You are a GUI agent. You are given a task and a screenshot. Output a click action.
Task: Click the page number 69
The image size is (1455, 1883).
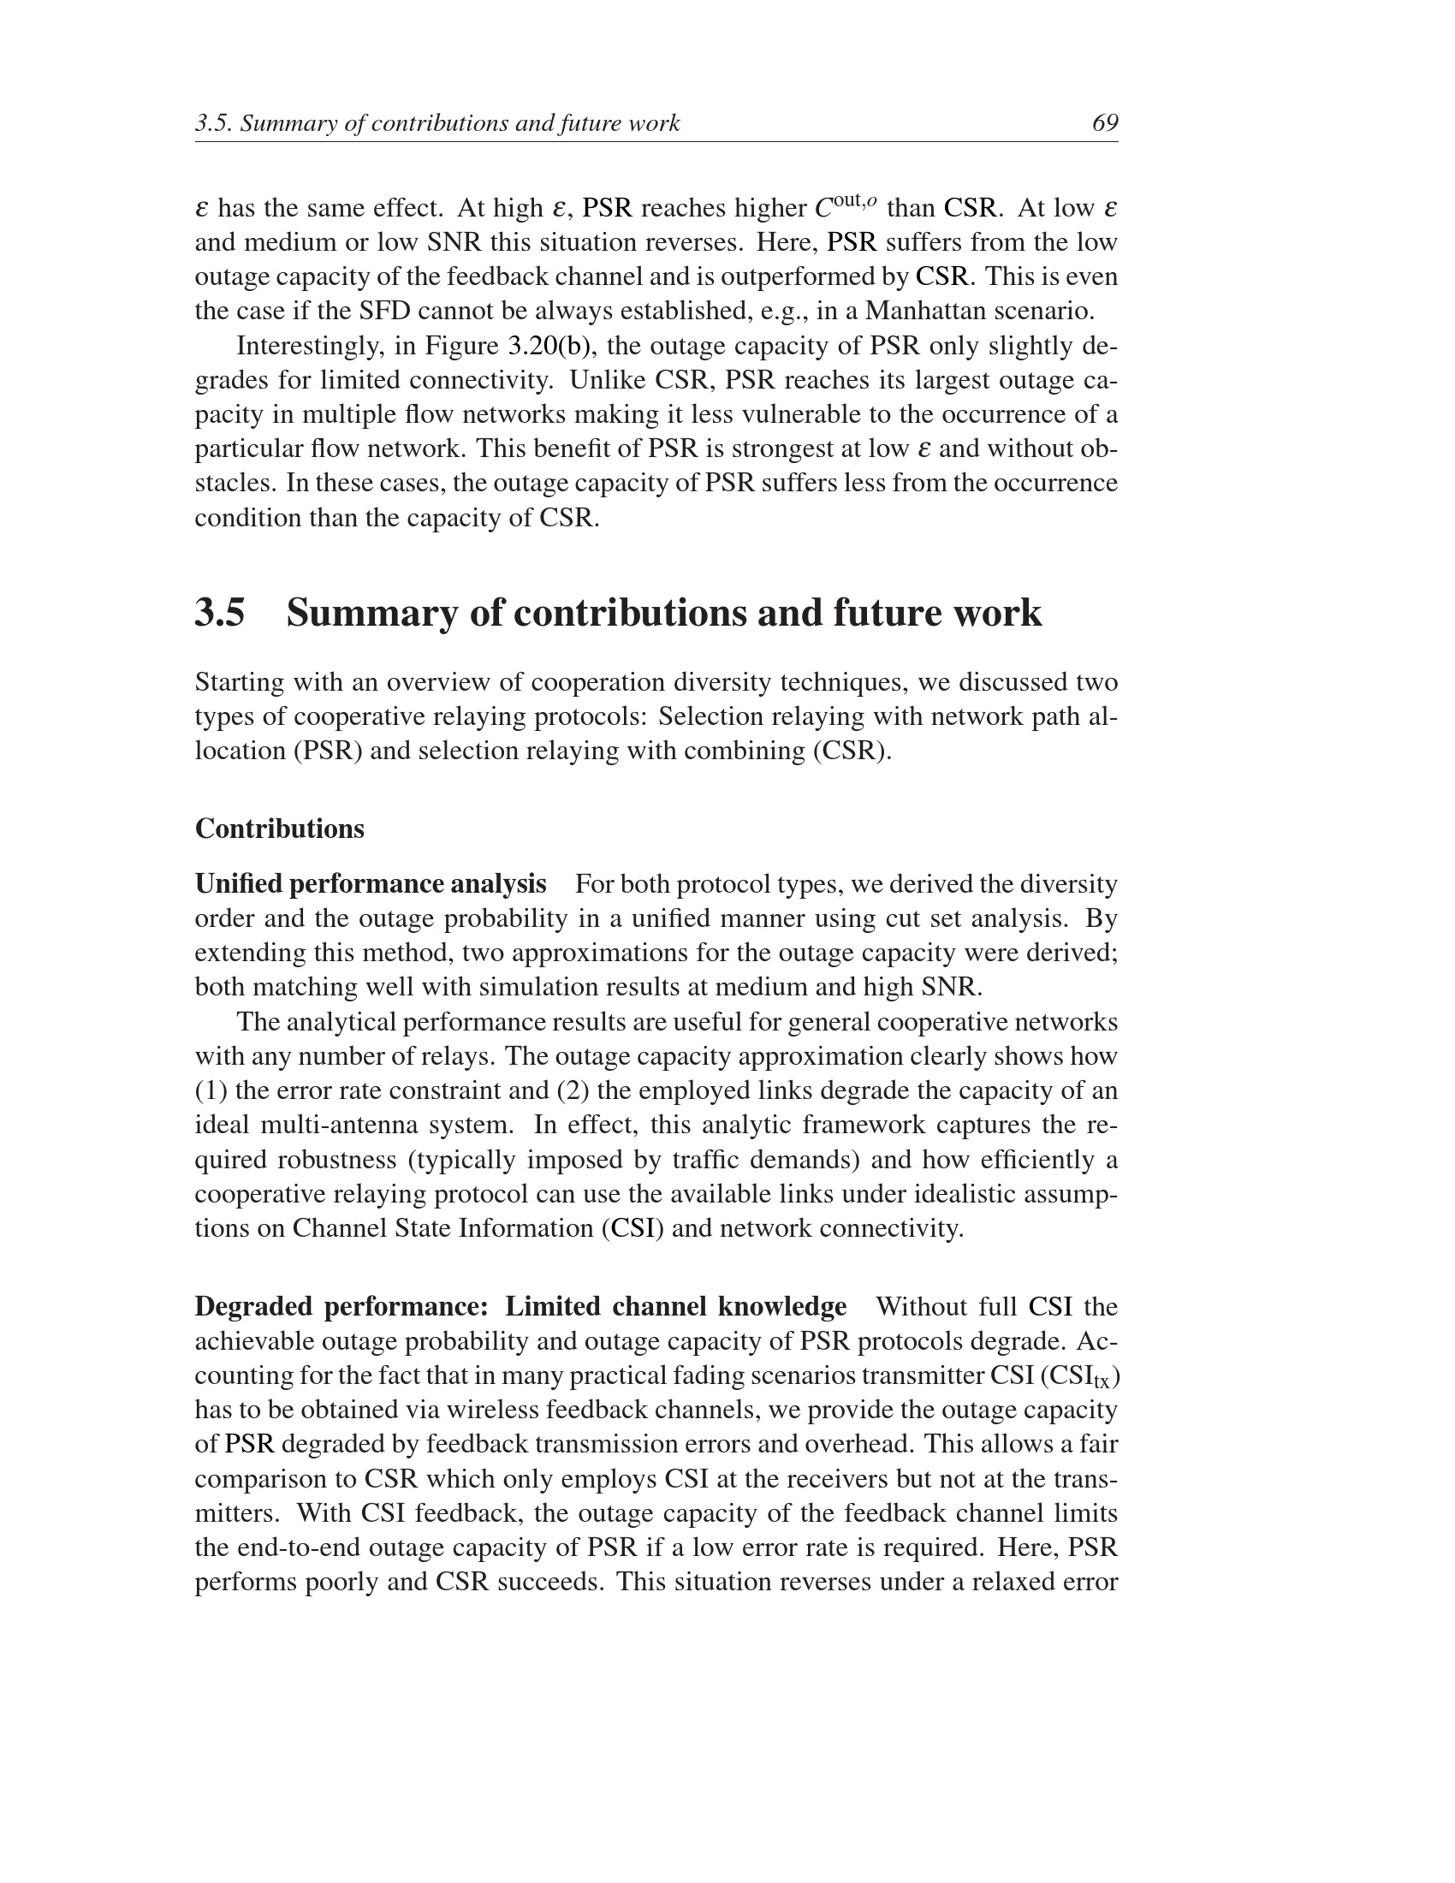1104,123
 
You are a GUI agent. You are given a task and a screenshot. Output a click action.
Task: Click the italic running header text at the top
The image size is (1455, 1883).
437,123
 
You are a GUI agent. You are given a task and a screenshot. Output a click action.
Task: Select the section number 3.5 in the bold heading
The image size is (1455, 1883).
220,613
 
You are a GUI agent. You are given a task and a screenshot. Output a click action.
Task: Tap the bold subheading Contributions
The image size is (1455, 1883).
279,829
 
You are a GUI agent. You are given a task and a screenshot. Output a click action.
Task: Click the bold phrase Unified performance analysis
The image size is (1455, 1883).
371,884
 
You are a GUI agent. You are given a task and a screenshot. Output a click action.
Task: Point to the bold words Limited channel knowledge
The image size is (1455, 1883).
676,1306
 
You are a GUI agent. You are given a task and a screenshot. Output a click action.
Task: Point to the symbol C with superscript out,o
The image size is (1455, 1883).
845,207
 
